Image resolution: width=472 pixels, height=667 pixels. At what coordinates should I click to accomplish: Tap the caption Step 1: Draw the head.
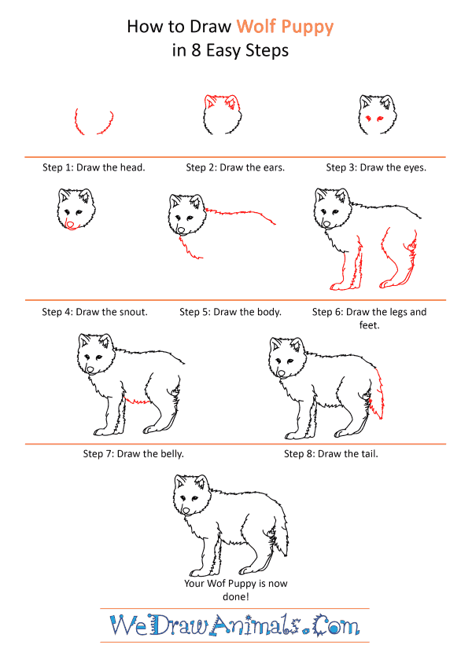94,167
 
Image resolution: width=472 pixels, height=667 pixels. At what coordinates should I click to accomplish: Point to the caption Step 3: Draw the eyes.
376,167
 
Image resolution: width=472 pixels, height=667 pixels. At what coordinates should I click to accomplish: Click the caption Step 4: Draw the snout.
94,312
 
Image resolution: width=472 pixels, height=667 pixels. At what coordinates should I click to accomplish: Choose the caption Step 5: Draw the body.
230,312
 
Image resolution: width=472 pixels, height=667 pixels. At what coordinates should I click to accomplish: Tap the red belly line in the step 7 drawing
138,401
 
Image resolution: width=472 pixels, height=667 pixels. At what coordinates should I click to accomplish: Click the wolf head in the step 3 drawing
374,114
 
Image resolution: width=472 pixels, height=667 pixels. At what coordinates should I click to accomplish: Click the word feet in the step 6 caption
369,324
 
